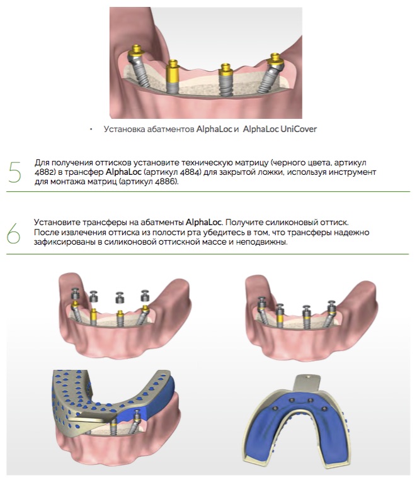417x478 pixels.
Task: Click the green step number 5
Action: [14, 172]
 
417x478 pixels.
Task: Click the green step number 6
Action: [14, 233]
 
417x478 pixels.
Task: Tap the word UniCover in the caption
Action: [298, 130]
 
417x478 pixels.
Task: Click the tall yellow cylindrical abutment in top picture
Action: [173, 76]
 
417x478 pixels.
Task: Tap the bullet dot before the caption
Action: [91, 130]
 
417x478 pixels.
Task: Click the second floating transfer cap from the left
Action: [93, 296]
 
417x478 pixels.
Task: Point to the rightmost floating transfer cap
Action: [145, 296]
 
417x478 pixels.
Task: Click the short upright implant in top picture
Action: [226, 80]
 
